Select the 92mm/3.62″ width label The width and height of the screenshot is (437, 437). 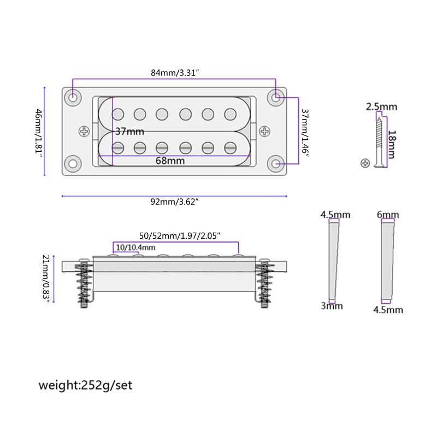pyautogui.click(x=174, y=202)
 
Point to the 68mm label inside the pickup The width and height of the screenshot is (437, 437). pyautogui.click(x=170, y=161)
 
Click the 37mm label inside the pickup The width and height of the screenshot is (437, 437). pyautogui.click(x=129, y=132)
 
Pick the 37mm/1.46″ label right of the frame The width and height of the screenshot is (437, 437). pyautogui.click(x=305, y=131)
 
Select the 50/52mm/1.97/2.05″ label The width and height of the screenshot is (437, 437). pyautogui.click(x=179, y=236)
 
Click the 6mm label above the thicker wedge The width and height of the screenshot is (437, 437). pyautogui.click(x=387, y=215)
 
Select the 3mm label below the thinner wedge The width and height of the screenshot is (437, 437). pyautogui.click(x=332, y=306)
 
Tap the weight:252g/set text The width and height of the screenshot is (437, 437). pyautogui.click(x=85, y=385)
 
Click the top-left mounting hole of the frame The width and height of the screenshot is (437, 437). pyautogui.click(x=73, y=97)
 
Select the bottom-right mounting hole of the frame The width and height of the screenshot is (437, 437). pyautogui.click(x=276, y=164)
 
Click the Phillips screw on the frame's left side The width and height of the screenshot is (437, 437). pyautogui.click(x=85, y=131)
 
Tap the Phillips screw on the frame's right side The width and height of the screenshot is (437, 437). pyautogui.click(x=265, y=131)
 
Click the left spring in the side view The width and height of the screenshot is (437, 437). pyautogui.click(x=85, y=283)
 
